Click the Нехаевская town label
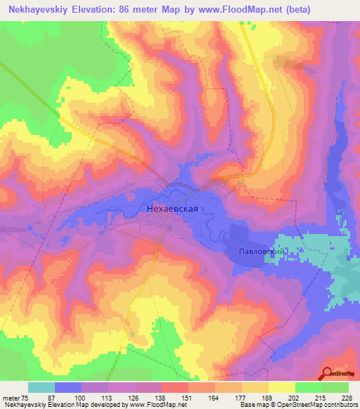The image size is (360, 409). pyautogui.click(x=180, y=209)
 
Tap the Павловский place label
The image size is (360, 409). pyautogui.click(x=260, y=251)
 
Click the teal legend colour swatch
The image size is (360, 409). pyautogui.click(x=41, y=387)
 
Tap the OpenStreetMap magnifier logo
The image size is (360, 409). pyautogui.click(x=328, y=372)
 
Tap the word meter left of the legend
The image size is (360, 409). pyautogui.click(x=11, y=398)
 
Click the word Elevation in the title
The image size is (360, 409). pyautogui.click(x=93, y=10)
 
